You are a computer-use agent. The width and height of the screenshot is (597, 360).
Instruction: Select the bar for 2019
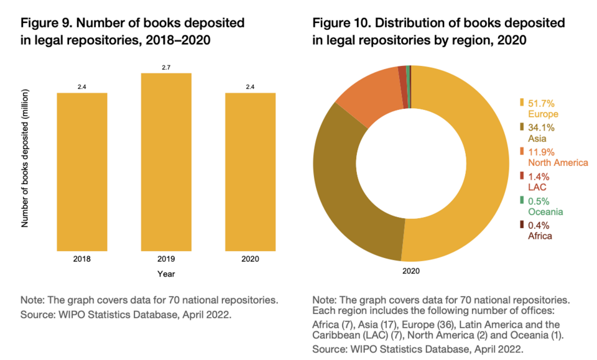pyautogui.click(x=166, y=162)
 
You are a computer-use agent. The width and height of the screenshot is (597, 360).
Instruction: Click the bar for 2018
pyautogui.click(x=82, y=171)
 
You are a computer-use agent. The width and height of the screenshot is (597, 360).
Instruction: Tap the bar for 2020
pyautogui.click(x=250, y=171)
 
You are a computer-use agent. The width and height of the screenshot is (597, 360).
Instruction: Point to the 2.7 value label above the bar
pyautogui.click(x=166, y=67)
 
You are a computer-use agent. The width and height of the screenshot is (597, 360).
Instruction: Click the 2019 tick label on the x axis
pyautogui.click(x=166, y=259)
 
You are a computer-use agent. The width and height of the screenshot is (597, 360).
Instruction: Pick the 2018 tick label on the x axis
pyautogui.click(x=82, y=259)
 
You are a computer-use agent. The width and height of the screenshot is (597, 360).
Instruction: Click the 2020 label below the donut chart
pyautogui.click(x=411, y=270)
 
